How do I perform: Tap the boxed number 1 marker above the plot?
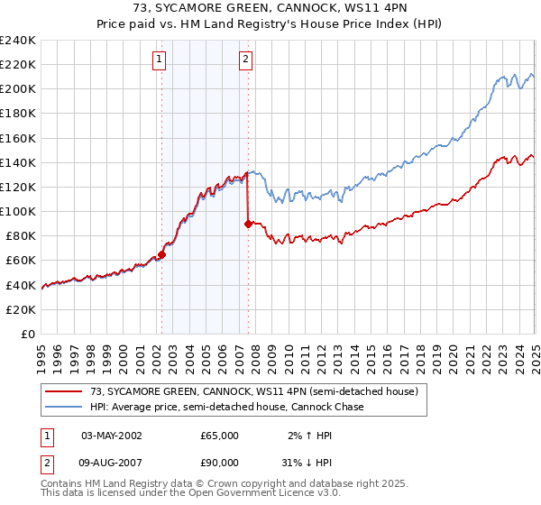[x=160, y=60]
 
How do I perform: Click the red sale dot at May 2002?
[x=162, y=254]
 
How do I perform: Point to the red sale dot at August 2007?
[x=249, y=224]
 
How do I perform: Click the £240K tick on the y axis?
[x=18, y=41]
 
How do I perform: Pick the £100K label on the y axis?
[x=18, y=211]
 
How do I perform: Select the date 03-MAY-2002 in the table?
[x=112, y=436]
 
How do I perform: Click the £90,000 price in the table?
[x=219, y=463]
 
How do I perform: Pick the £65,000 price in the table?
[x=219, y=436]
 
